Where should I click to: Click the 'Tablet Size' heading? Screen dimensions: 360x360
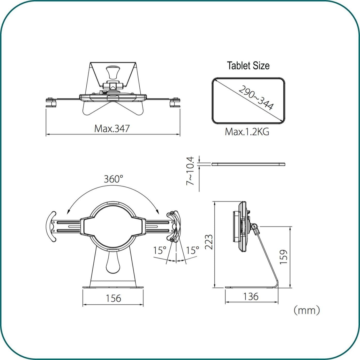pyautogui.click(x=248, y=66)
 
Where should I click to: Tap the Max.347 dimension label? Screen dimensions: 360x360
pyautogui.click(x=112, y=129)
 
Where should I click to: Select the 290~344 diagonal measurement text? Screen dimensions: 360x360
pyautogui.click(x=256, y=97)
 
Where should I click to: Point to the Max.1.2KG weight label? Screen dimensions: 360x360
pyautogui.click(x=247, y=132)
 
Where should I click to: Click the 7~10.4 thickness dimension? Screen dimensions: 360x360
pyautogui.click(x=190, y=171)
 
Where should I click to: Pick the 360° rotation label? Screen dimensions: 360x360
pyautogui.click(x=113, y=179)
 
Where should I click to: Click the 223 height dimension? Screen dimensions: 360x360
pyautogui.click(x=209, y=242)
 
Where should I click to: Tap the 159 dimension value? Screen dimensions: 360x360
pyautogui.click(x=283, y=257)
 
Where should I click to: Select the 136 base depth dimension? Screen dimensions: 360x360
pyautogui.click(x=251, y=296)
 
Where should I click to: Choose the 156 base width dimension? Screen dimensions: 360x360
pyautogui.click(x=113, y=298)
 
